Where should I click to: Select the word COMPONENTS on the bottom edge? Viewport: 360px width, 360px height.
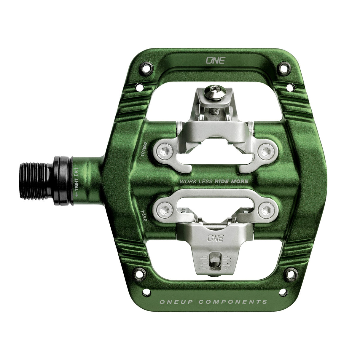[232, 302]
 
